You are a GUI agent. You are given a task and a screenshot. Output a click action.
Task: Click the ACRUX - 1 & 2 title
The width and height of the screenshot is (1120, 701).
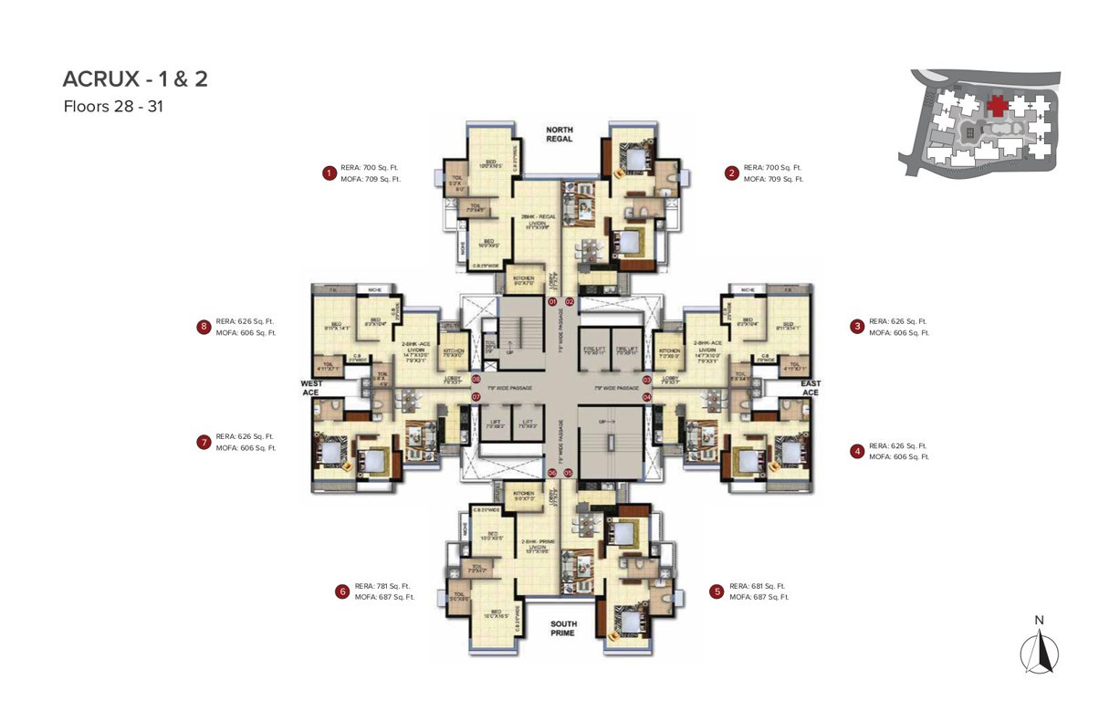pos(135,79)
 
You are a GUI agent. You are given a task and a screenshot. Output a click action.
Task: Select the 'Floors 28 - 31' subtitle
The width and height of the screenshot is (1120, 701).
pos(113,106)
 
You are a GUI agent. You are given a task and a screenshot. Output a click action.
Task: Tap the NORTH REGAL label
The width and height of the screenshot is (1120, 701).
pos(559,134)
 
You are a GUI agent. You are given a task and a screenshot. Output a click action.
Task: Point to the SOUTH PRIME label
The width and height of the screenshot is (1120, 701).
pos(562,628)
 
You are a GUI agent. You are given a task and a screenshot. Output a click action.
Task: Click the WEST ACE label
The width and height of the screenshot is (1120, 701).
pos(312,387)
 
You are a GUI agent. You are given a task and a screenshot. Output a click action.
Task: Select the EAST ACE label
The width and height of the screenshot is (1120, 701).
pos(810,387)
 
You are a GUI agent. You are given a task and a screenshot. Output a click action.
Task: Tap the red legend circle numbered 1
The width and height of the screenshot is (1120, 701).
pos(328,173)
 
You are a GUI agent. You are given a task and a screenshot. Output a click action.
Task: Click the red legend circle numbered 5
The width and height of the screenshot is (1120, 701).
pos(717,591)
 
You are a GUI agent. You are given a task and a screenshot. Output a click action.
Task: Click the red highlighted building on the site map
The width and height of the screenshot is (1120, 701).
pos(997,105)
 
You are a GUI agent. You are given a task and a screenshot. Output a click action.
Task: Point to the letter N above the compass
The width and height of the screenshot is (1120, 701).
pos(1039,621)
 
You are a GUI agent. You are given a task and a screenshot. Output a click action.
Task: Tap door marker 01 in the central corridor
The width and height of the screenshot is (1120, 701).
pos(552,301)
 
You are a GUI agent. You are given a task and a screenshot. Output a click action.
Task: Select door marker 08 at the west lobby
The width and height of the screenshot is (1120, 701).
pos(476,379)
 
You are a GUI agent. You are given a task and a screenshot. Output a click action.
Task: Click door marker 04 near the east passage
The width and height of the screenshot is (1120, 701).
pos(646,397)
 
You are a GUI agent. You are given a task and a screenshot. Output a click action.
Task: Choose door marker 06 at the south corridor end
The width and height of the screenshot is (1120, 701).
pos(552,473)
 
